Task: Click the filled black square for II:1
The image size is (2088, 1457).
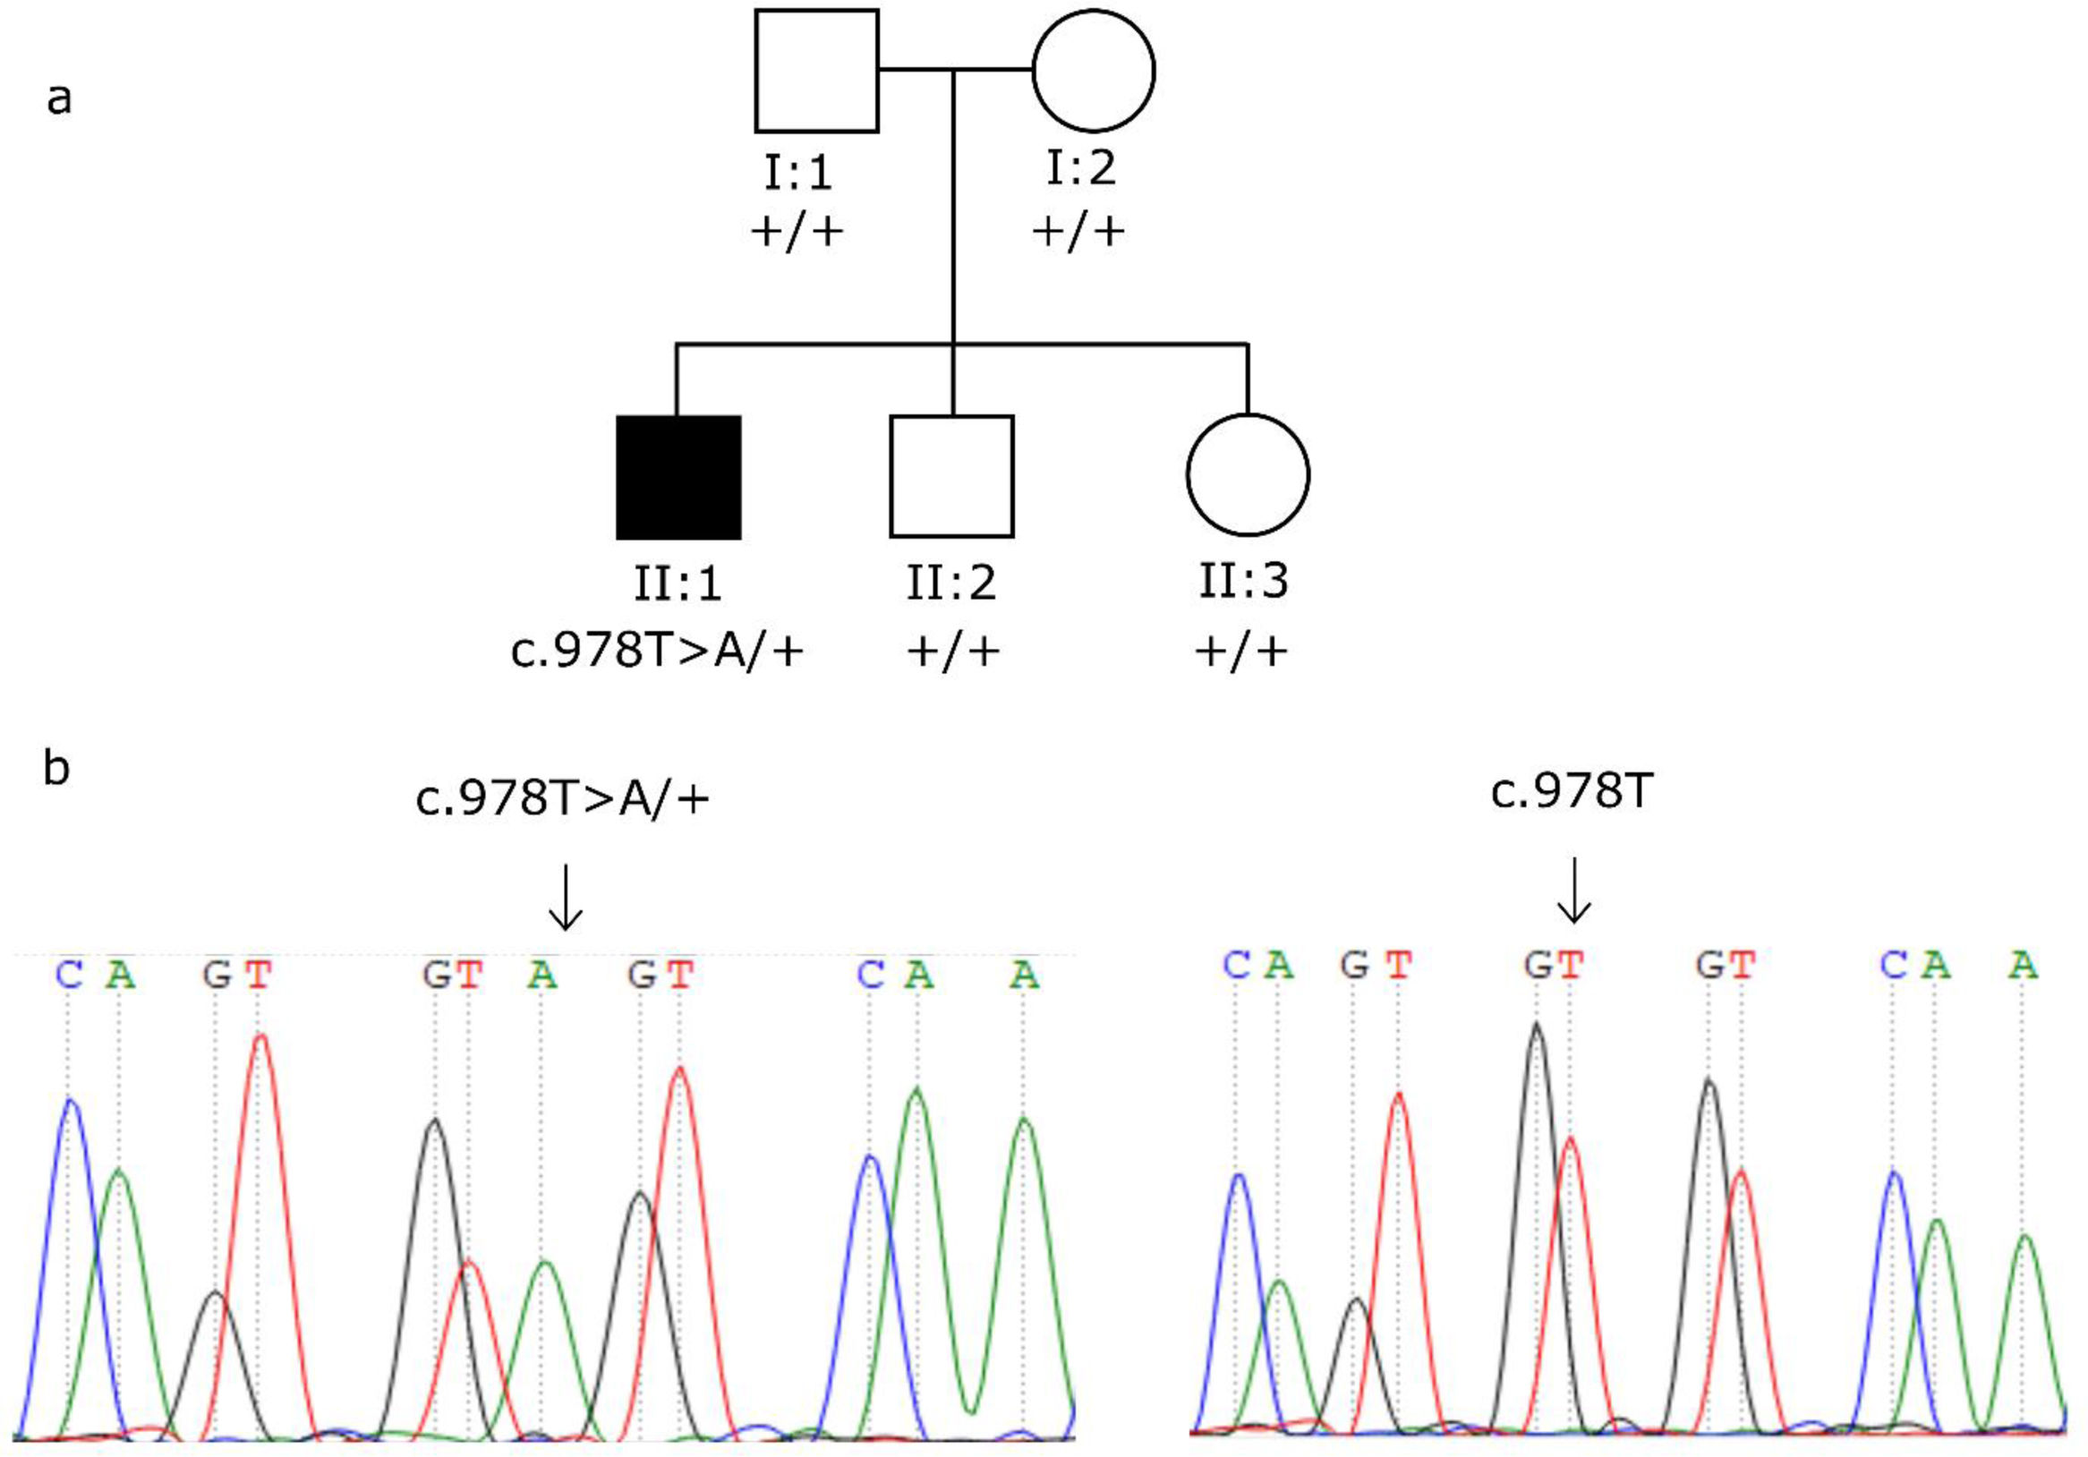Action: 678,478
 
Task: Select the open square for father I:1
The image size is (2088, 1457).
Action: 816,71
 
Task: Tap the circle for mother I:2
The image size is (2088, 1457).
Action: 1093,71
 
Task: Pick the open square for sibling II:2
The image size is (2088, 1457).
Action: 951,477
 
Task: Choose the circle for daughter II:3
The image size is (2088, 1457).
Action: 1248,474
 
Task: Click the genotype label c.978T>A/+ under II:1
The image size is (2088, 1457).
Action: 657,652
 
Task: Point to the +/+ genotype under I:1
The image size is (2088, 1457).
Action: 797,231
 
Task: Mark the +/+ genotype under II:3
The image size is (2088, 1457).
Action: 1240,652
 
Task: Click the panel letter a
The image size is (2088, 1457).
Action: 59,98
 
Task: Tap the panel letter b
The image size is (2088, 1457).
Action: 56,770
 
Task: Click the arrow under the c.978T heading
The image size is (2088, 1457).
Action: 1573,890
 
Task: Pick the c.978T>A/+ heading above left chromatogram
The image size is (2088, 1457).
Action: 562,798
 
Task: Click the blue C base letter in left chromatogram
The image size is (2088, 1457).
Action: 69,975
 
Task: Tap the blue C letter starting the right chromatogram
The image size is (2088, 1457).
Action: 1236,964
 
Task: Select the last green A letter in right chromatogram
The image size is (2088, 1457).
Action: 2023,964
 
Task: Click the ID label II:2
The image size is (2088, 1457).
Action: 951,582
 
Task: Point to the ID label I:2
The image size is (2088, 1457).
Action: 1080,167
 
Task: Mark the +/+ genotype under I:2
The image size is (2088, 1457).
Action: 1078,231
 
